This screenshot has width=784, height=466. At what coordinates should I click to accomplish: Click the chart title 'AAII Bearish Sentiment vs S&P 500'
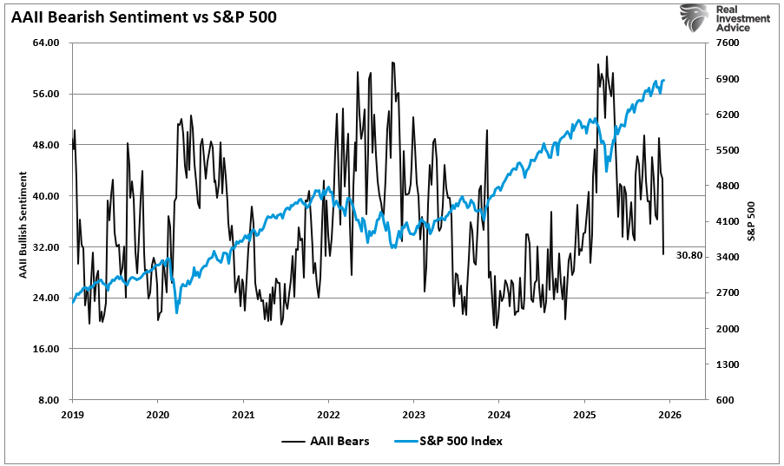click(x=143, y=16)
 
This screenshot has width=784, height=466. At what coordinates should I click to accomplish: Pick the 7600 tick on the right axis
click(x=727, y=43)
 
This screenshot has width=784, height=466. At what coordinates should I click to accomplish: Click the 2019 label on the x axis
click(x=72, y=414)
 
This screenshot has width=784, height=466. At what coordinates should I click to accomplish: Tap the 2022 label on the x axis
click(x=328, y=414)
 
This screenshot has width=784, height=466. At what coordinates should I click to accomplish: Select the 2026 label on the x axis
click(x=669, y=414)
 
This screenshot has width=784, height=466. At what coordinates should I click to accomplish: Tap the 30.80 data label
click(x=689, y=255)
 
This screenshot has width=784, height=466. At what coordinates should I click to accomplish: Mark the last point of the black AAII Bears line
click(x=663, y=254)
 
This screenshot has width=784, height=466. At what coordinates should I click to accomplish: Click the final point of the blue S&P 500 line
click(x=664, y=81)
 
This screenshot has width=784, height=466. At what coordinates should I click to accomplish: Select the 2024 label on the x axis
click(x=499, y=414)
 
